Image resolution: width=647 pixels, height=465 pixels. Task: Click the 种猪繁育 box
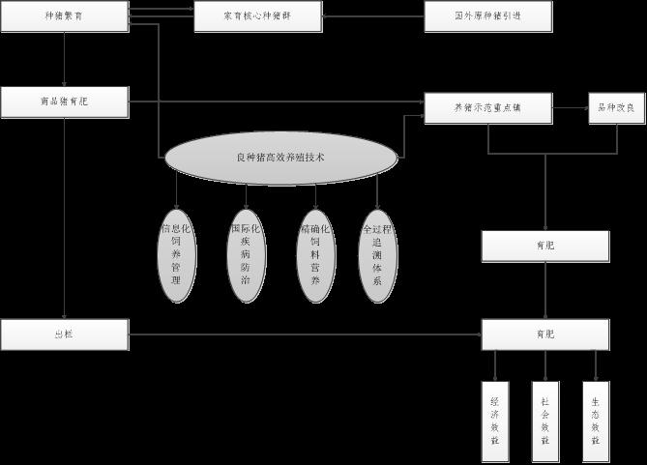click(x=64, y=16)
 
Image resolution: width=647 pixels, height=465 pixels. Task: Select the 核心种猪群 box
click(x=257, y=16)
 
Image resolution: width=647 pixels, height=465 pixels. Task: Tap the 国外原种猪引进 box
click(x=488, y=16)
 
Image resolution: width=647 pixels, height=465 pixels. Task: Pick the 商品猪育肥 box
click(x=64, y=102)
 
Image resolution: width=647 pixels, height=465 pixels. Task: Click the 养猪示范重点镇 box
click(x=487, y=108)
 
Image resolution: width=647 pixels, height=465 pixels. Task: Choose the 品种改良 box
click(x=617, y=108)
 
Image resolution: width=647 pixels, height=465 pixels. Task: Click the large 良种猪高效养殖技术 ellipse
click(x=280, y=158)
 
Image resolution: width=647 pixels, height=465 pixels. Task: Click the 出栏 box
click(x=64, y=334)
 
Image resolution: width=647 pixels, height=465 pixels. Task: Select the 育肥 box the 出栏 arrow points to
click(x=545, y=334)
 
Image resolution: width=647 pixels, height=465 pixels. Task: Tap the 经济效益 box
click(x=495, y=421)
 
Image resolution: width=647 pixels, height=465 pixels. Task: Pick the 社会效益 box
click(x=545, y=421)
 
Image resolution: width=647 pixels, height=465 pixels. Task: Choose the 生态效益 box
click(x=596, y=421)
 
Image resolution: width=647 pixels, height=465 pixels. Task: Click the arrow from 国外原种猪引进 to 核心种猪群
click(x=373, y=16)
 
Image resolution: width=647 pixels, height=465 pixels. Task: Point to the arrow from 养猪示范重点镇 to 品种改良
click(x=571, y=108)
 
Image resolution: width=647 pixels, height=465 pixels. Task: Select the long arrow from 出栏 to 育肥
click(x=305, y=334)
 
